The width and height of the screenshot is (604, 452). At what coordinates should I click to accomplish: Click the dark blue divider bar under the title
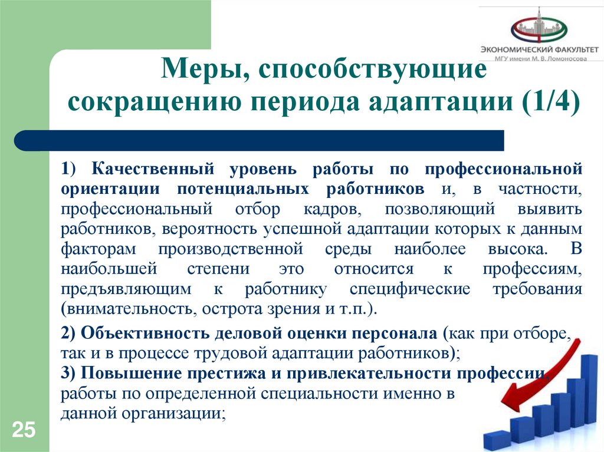point(260,140)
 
